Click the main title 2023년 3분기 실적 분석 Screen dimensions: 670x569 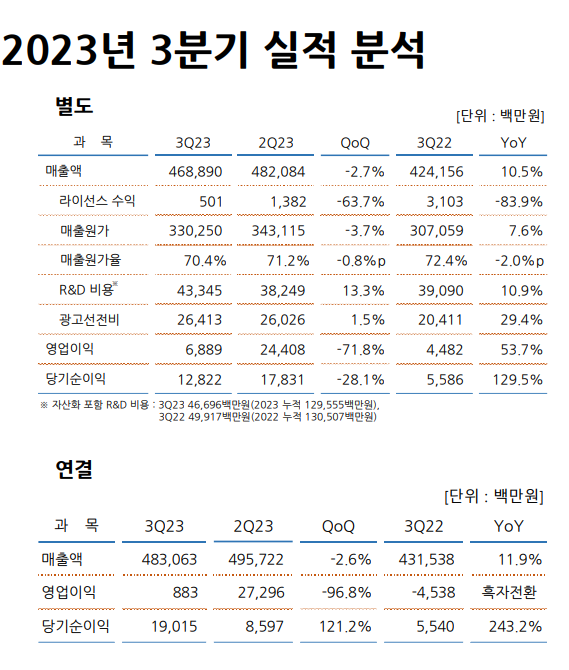coord(213,51)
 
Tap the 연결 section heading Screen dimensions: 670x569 coord(74,468)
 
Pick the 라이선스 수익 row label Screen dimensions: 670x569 coord(97,200)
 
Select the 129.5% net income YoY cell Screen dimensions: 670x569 coord(516,379)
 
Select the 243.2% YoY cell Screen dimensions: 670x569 coord(516,627)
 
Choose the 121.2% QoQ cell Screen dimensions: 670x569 coord(345,627)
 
